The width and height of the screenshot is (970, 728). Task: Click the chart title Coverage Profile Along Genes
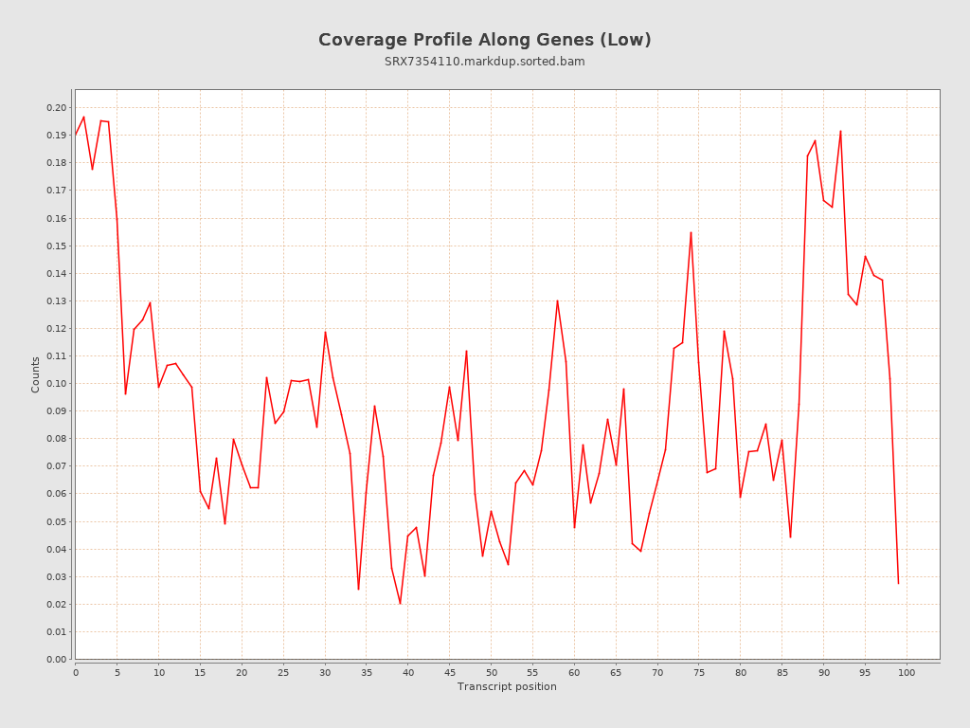pyautogui.click(x=484, y=40)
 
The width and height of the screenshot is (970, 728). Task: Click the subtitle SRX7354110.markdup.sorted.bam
pyautogui.click(x=484, y=62)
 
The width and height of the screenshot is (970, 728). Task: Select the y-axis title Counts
pyautogui.click(x=36, y=374)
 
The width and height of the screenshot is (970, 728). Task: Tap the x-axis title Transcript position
pyautogui.click(x=507, y=686)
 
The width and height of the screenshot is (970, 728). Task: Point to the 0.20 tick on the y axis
pyautogui.click(x=57, y=107)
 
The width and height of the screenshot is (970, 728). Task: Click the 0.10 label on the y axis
pyautogui.click(x=57, y=384)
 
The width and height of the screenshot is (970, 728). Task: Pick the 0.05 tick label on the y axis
pyautogui.click(x=57, y=521)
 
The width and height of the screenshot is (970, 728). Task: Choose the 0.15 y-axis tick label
pyautogui.click(x=57, y=246)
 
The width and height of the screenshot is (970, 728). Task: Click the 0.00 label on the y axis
pyautogui.click(x=57, y=659)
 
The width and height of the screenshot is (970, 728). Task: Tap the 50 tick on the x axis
pyautogui.click(x=491, y=672)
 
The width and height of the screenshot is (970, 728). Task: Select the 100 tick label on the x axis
pyautogui.click(x=907, y=672)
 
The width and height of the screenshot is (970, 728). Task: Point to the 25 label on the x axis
pyautogui.click(x=283, y=672)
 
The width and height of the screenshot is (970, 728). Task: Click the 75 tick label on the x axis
pyautogui.click(x=699, y=672)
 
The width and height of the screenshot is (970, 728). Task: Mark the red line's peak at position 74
pyautogui.click(x=691, y=232)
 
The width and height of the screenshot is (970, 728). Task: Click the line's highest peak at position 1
pyautogui.click(x=83, y=117)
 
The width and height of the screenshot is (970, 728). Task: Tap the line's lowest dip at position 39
pyautogui.click(x=400, y=604)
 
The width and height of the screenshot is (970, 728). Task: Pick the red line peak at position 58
pyautogui.click(x=557, y=300)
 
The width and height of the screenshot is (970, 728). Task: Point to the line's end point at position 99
pyautogui.click(x=898, y=583)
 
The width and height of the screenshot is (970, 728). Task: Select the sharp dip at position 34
pyautogui.click(x=358, y=590)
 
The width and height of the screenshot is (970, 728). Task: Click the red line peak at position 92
pyautogui.click(x=840, y=131)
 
